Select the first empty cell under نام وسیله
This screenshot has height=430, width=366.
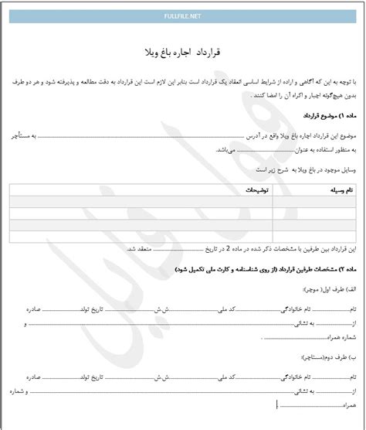click(x=322, y=201)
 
